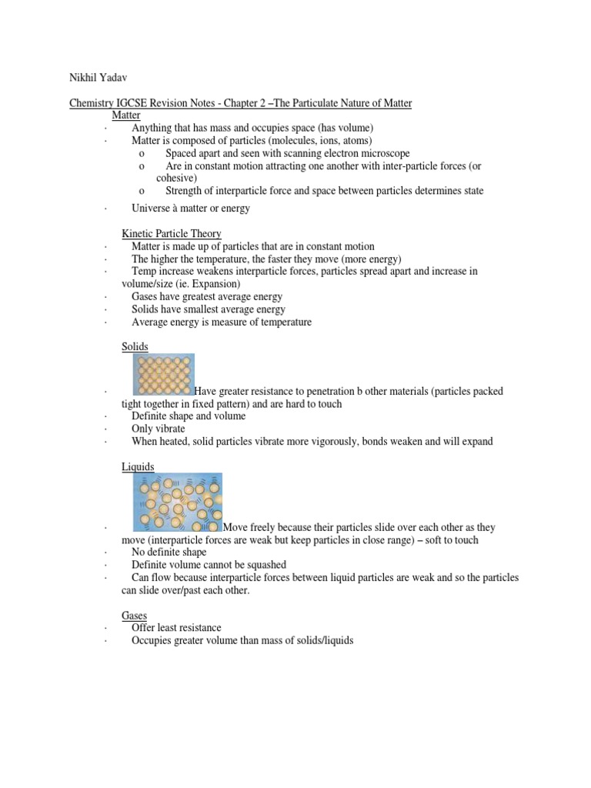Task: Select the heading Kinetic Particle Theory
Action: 172,233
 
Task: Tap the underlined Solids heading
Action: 135,347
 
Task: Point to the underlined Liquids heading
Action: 139,466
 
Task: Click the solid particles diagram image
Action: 163,374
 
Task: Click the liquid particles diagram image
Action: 177,502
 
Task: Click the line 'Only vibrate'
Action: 159,429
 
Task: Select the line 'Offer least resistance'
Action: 176,628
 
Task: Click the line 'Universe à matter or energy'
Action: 191,208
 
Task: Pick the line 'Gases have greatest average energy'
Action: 207,296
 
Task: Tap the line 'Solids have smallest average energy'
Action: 209,309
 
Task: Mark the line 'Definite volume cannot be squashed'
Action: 209,565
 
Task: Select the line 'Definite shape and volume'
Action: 189,416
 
